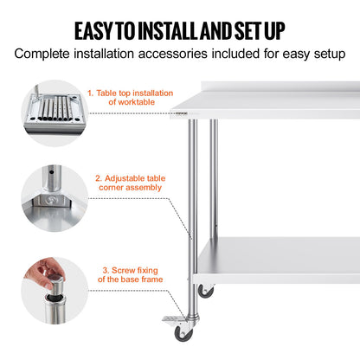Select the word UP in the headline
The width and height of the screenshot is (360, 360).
pyautogui.click(x=271, y=31)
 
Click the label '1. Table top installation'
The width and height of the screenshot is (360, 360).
pyautogui.click(x=130, y=93)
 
